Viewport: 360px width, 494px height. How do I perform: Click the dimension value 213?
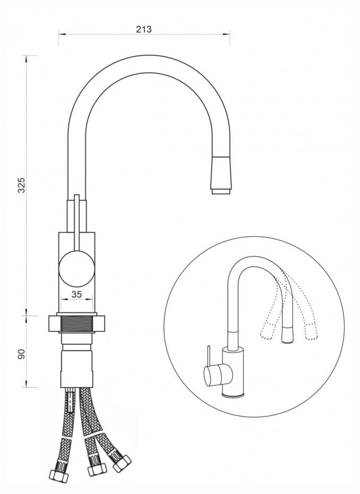click(x=144, y=29)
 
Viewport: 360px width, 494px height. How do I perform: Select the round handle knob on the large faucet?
click(x=76, y=269)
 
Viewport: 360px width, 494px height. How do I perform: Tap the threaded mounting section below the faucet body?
click(x=79, y=323)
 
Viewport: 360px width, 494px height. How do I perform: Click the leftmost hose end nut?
click(x=58, y=475)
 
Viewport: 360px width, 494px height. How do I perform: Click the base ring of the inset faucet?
click(x=234, y=396)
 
